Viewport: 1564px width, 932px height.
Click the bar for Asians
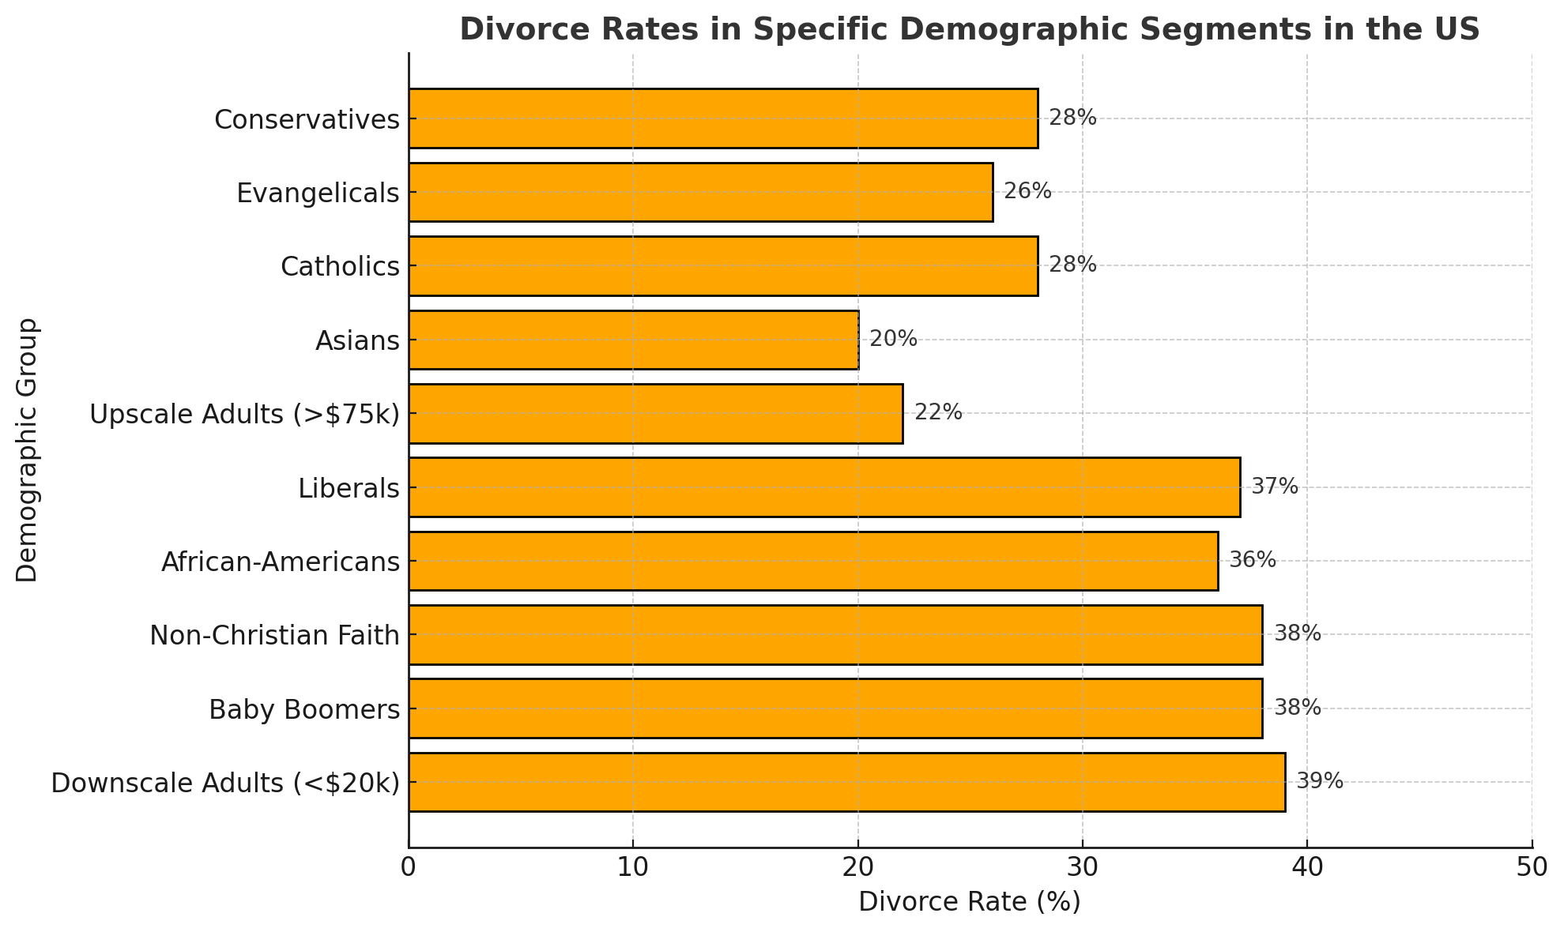[x=633, y=340]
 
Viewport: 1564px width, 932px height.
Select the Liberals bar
[x=824, y=487]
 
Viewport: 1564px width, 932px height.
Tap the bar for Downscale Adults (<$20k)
[x=846, y=782]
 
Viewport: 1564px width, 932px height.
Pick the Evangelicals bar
[x=700, y=192]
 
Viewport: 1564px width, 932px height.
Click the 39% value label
[x=1319, y=782]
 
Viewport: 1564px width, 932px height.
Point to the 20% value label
[x=893, y=340]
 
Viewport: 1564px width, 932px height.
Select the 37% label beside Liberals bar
[x=1274, y=487]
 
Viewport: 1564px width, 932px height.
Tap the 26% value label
[x=1027, y=192]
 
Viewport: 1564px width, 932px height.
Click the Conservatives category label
[x=307, y=120]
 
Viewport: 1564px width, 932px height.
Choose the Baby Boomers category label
[x=304, y=710]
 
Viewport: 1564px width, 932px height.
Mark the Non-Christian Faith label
[x=274, y=636]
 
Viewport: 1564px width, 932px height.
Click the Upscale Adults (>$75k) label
[x=245, y=414]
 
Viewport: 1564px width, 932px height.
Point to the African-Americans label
[x=280, y=562]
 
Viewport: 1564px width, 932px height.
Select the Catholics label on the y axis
[x=340, y=267]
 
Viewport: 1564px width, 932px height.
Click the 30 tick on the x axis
[x=1082, y=868]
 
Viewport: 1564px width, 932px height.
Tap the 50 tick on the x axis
[x=1531, y=868]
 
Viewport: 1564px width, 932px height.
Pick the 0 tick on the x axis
[x=409, y=868]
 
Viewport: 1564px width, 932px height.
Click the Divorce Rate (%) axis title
[x=969, y=902]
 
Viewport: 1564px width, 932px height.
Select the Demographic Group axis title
[x=27, y=450]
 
